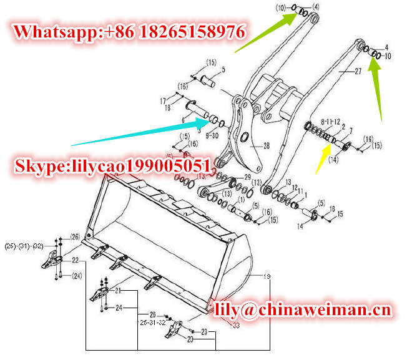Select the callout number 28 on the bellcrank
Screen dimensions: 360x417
tap(267, 146)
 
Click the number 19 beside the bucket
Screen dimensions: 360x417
tap(268, 275)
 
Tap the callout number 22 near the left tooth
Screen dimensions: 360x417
tap(75, 260)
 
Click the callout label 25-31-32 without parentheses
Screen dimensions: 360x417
tap(152, 323)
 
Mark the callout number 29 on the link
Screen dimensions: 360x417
tap(248, 178)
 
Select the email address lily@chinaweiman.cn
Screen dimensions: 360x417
tap(303, 309)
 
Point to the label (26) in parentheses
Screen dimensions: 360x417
tap(75, 236)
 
